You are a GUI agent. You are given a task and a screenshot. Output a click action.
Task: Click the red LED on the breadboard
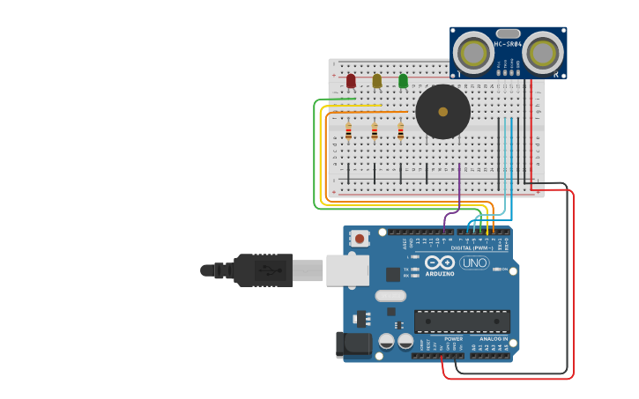pos(351,81)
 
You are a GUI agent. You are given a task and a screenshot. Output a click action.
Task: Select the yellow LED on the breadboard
pos(377,81)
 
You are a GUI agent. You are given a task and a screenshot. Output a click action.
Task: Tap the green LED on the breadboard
pos(403,81)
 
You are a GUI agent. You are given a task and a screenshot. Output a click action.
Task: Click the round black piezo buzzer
pos(442,112)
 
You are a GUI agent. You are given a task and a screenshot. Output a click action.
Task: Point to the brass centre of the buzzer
pos(442,112)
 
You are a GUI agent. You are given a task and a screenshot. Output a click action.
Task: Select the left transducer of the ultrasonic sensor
pos(473,54)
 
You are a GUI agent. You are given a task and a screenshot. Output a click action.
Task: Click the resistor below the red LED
pos(348,132)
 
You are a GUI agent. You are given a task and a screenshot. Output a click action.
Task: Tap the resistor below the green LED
pos(400,132)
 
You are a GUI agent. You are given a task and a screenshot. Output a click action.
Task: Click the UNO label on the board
pos(474,262)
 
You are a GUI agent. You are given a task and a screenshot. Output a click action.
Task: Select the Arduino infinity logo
pos(439,262)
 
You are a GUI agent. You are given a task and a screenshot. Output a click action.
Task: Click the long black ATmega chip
pos(462,321)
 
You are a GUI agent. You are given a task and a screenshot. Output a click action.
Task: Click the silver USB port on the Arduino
pos(347,270)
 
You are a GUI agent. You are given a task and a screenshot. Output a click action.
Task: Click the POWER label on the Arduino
pos(453,338)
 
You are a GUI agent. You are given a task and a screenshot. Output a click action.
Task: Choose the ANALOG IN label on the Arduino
pos(494,338)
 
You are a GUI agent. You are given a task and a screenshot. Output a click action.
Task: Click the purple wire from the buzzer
pos(459,189)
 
